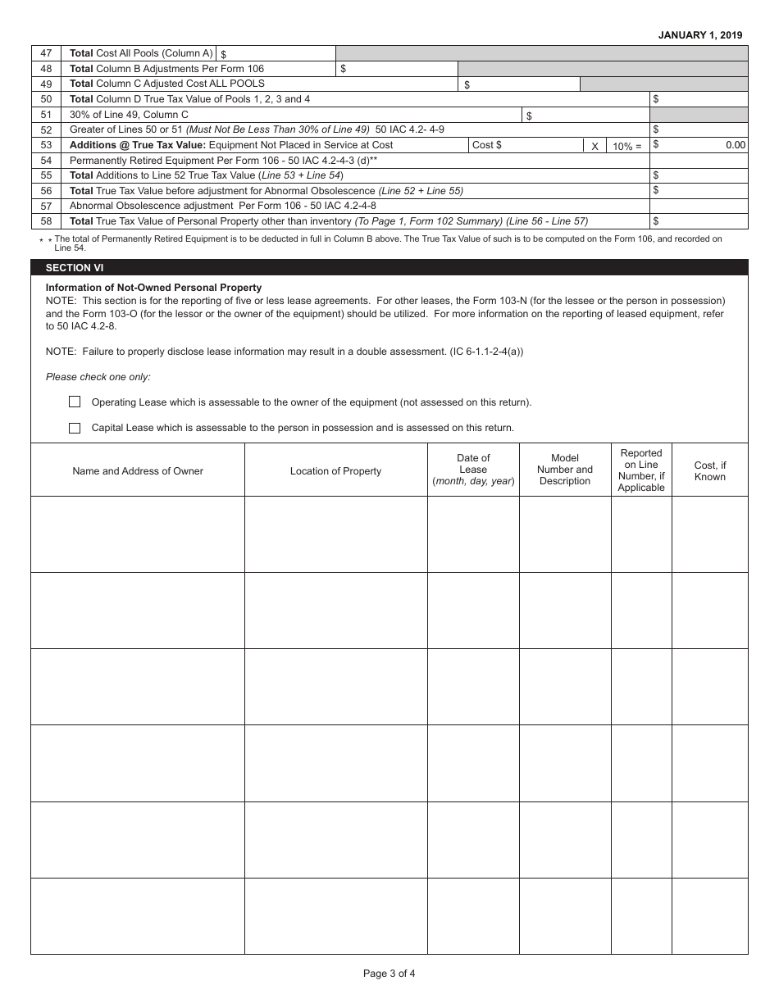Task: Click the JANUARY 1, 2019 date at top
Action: point(700,35)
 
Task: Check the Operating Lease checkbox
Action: point(75,402)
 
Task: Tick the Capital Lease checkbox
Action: point(75,428)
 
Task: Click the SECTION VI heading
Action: point(75,268)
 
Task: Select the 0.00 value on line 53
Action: point(736,145)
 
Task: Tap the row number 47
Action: point(46,53)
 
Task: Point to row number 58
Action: point(46,221)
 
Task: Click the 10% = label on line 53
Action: point(627,146)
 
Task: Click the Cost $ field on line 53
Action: point(525,145)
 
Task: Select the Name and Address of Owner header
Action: point(138,471)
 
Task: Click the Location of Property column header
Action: point(335,471)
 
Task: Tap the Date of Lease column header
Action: point(473,470)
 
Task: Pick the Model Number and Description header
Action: point(565,470)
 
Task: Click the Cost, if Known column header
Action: point(710,471)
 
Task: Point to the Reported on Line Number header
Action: point(641,470)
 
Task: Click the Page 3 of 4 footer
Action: point(389,974)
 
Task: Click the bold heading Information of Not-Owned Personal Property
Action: point(153,288)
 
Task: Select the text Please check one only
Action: point(98,377)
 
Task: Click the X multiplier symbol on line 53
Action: point(594,146)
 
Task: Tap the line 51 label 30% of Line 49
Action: point(129,115)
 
